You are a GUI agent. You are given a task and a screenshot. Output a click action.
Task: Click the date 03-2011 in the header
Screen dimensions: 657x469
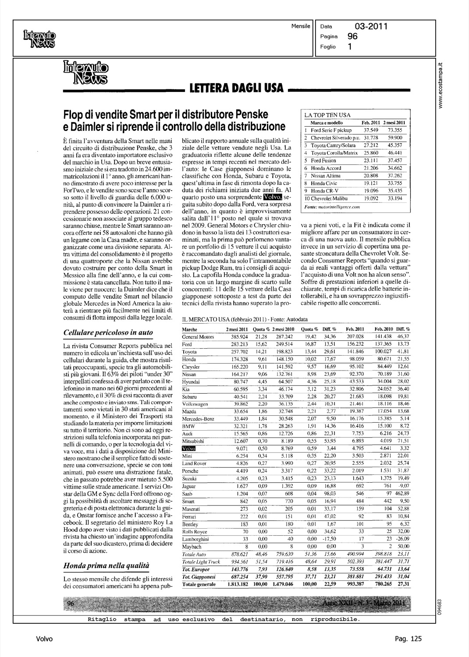tap(370, 26)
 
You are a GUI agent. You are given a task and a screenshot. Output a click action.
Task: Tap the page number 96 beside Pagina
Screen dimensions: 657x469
tap(352, 36)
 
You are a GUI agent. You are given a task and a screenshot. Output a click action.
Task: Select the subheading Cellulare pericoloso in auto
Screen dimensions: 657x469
tap(108, 332)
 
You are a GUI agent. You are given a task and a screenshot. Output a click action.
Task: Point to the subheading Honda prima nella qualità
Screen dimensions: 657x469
tap(107, 566)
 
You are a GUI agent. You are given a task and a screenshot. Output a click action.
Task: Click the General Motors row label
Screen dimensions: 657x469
tap(198, 337)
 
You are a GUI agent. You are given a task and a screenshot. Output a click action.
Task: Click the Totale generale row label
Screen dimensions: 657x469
tap(199, 584)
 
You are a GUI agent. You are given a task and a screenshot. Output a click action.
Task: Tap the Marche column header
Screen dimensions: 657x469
tap(189, 329)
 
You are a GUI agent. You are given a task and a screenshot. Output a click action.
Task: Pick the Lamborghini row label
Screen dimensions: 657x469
tap(195, 539)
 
